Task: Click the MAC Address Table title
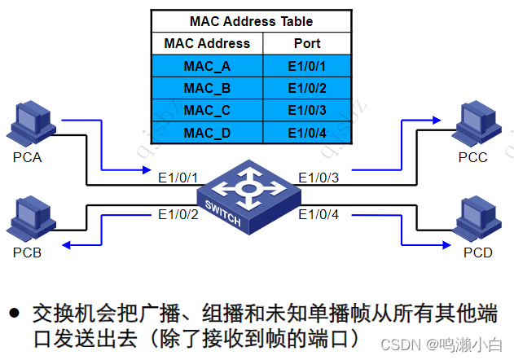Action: click(251, 21)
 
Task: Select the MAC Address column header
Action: click(207, 43)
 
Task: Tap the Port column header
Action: click(307, 43)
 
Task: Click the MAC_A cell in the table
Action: click(207, 66)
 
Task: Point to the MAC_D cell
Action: click(207, 132)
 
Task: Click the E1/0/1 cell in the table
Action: click(307, 66)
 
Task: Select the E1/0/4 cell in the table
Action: click(307, 132)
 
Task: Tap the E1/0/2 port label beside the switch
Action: click(178, 215)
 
